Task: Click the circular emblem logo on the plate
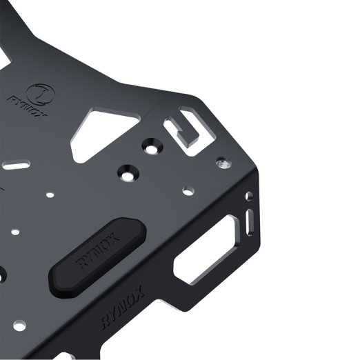pos(39,94)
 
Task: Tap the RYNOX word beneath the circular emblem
pos(28,108)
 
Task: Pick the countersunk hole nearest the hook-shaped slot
pos(152,146)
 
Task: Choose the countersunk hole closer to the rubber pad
pos(128,174)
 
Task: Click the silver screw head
pos(223,163)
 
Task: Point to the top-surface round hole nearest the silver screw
pos(188,191)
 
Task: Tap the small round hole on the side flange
pos(249,197)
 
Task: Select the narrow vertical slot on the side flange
pos(250,222)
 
